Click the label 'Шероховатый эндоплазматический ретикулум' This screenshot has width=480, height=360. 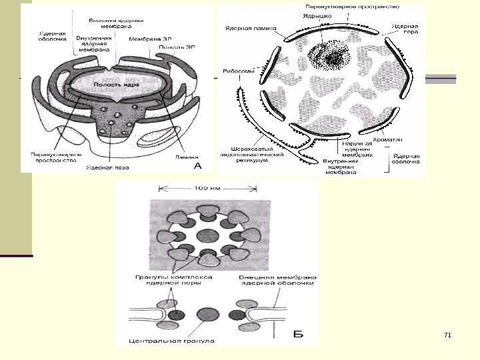tap(253, 155)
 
